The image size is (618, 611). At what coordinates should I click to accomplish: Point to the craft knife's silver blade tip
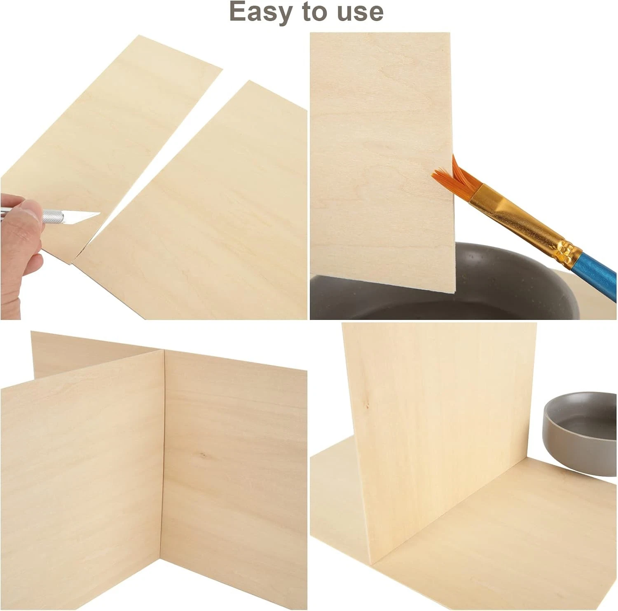pyautogui.click(x=100, y=214)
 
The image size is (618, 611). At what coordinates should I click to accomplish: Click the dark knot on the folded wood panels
pyautogui.click(x=202, y=455)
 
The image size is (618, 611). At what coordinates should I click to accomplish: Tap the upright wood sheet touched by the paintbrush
pyautogui.click(x=381, y=161)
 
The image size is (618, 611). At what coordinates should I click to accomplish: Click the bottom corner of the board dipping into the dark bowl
pyautogui.click(x=454, y=292)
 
